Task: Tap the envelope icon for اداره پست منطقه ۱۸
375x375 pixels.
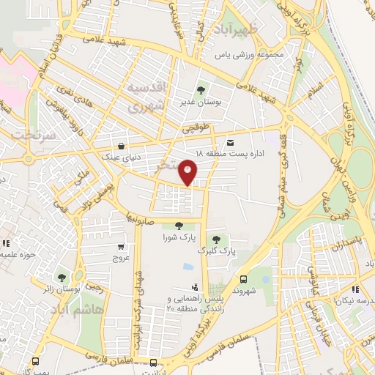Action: pyautogui.click(x=231, y=141)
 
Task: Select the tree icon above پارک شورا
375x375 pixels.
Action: pyautogui.click(x=179, y=226)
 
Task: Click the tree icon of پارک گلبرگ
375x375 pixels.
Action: pyautogui.click(x=215, y=240)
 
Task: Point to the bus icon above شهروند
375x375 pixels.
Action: pyautogui.click(x=244, y=278)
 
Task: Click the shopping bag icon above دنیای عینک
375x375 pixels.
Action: pyautogui.click(x=121, y=144)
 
